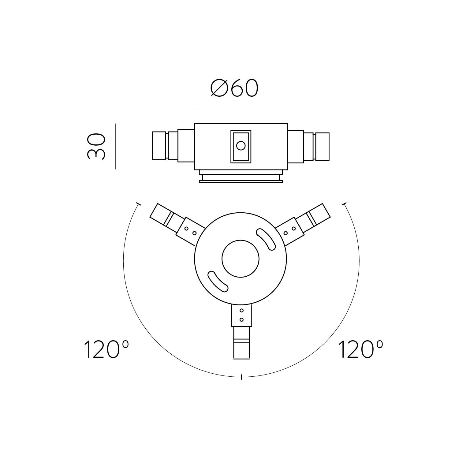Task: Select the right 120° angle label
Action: pos(360,349)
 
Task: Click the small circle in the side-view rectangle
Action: pos(241,146)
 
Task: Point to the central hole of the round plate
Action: pos(241,259)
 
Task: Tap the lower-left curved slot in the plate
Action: pos(218,281)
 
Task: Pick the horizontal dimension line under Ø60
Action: pos(241,108)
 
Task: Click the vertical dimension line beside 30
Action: pos(116,146)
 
